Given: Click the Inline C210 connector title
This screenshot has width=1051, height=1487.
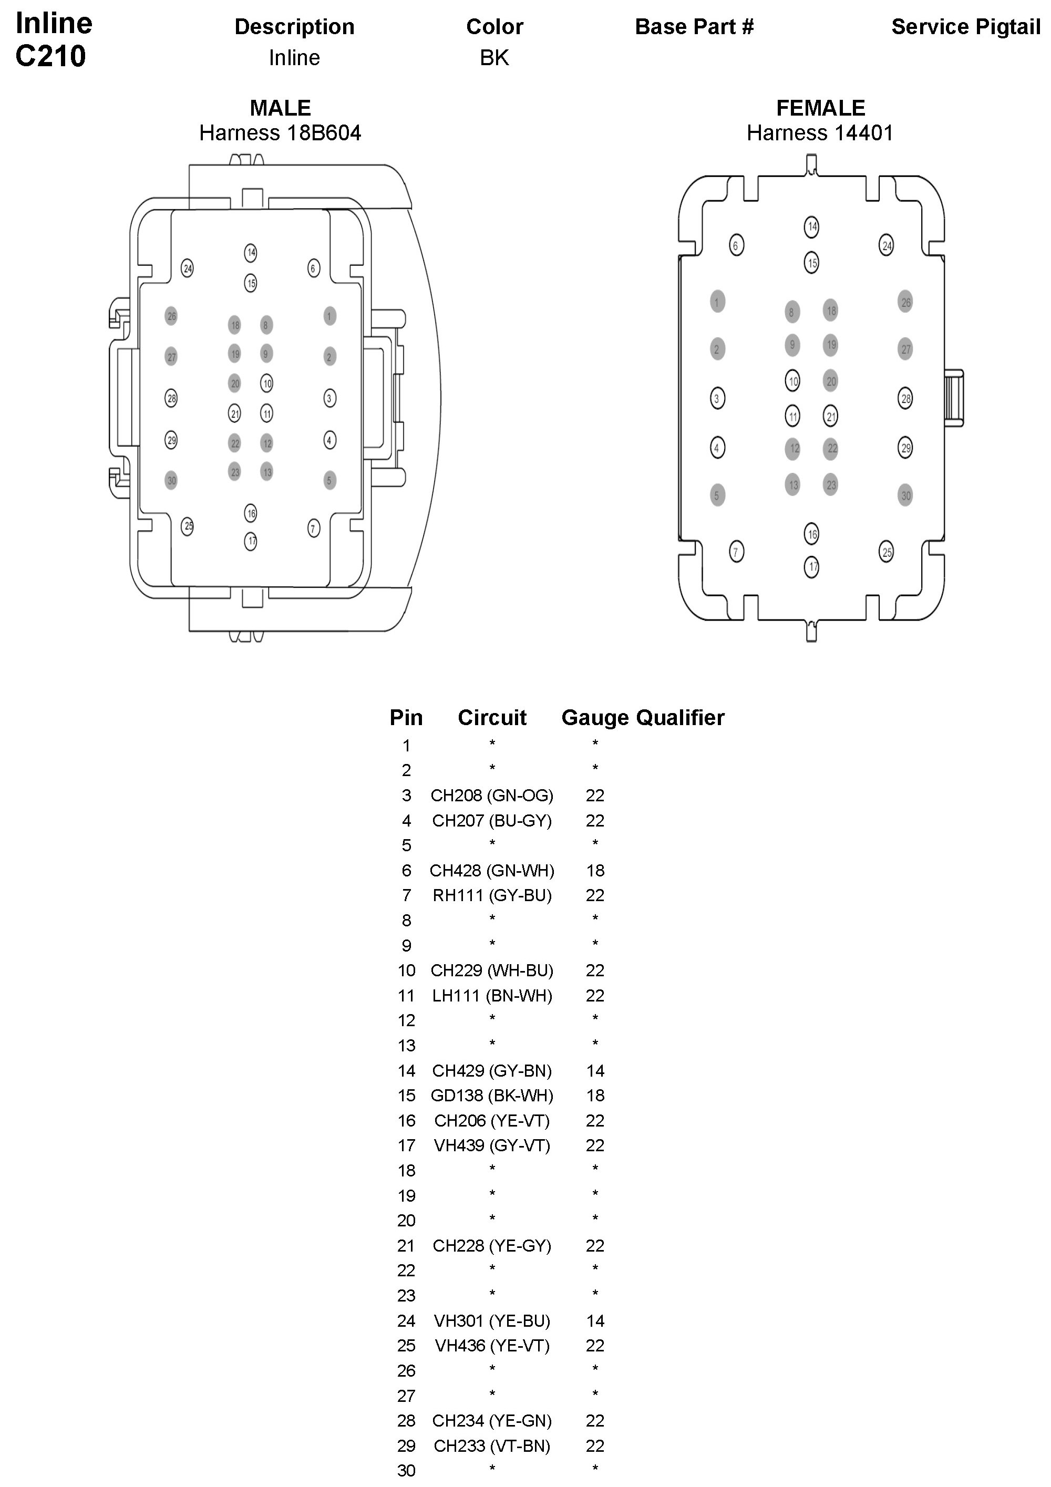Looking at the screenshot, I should (x=53, y=40).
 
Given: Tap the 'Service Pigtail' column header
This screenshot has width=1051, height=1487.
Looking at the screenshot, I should (x=965, y=27).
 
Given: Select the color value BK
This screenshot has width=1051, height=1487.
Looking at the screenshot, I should (x=494, y=58).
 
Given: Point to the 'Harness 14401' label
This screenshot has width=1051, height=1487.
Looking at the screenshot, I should (x=820, y=133).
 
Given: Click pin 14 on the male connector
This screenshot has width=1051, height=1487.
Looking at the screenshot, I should (x=251, y=253).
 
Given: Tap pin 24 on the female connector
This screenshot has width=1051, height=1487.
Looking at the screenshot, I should (x=886, y=245).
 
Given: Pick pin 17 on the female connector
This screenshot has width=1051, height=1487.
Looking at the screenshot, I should (x=812, y=567).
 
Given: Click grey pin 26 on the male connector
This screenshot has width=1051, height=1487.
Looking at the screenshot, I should (x=171, y=316).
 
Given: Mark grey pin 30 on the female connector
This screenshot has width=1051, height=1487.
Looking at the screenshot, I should (x=905, y=495).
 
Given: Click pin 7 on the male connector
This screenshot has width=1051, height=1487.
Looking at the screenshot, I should (x=313, y=529).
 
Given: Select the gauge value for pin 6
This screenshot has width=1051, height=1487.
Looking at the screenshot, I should (x=595, y=871).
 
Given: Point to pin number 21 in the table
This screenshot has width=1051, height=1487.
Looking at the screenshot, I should (x=406, y=1245).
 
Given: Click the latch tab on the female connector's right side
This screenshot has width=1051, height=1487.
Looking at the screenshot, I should (x=953, y=398).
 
